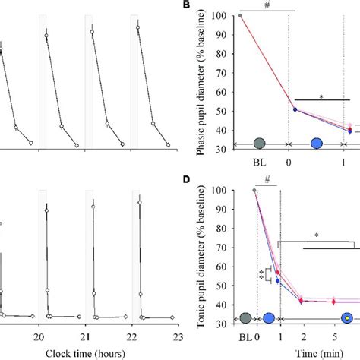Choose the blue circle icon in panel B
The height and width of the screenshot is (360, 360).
click(x=317, y=144)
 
